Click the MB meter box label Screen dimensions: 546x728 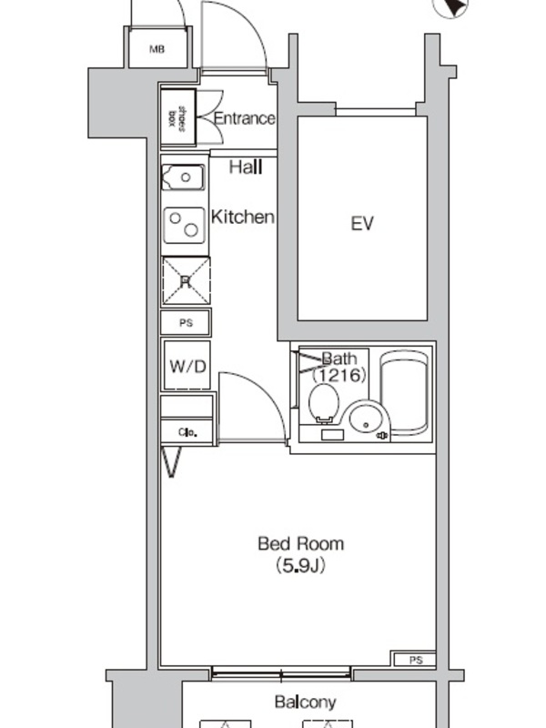pyautogui.click(x=157, y=49)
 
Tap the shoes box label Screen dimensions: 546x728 pyautogui.click(x=177, y=118)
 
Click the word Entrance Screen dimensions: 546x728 pyautogui.click(x=244, y=118)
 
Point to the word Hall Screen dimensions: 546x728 pyautogui.click(x=246, y=167)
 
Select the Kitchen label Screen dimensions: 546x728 pyautogui.click(x=243, y=217)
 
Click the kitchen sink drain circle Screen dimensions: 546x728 pyautogui.click(x=186, y=177)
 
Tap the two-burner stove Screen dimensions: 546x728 pyautogui.click(x=185, y=225)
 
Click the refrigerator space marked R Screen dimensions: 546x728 pyautogui.click(x=186, y=281)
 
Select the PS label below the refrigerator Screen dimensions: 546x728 pyautogui.click(x=187, y=323)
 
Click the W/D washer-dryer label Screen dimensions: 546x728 pyautogui.click(x=187, y=367)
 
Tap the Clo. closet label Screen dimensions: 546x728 pyautogui.click(x=187, y=433)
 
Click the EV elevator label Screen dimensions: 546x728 pyautogui.click(x=362, y=224)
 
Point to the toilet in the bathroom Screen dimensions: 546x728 pyautogui.click(x=325, y=404)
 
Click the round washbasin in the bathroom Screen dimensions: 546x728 pyautogui.click(x=366, y=419)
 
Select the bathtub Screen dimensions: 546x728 pyautogui.click(x=404, y=391)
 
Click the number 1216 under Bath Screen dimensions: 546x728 pyautogui.click(x=339, y=375)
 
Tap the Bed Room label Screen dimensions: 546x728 pyautogui.click(x=301, y=543)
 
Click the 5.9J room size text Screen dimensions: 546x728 pyautogui.click(x=301, y=566)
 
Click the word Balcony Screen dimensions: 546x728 pyautogui.click(x=305, y=702)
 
